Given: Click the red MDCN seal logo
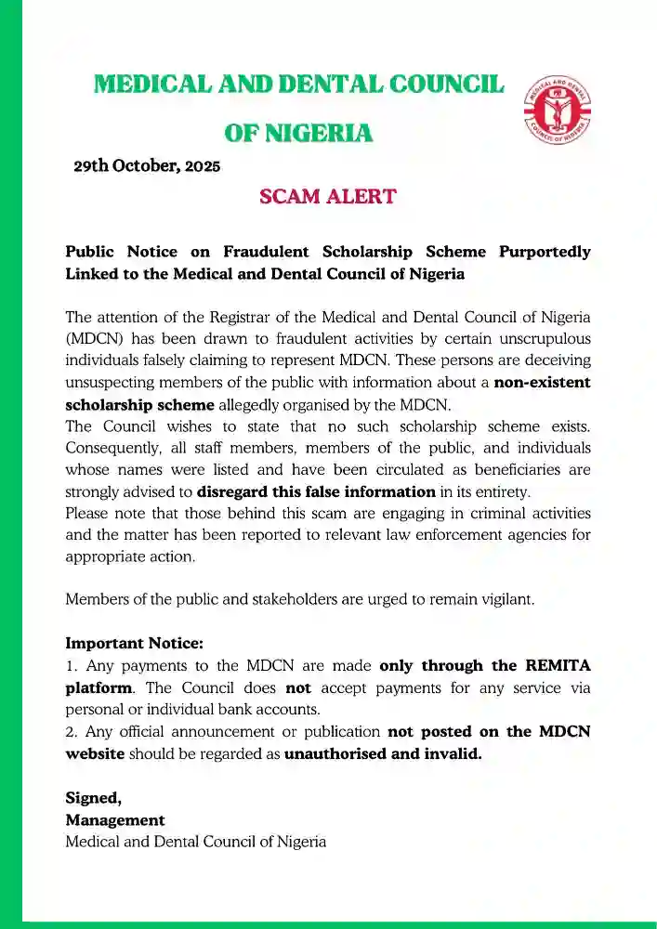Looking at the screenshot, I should [x=559, y=116].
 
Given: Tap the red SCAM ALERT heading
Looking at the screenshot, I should [x=328, y=197].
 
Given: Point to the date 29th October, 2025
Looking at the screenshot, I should [x=147, y=167].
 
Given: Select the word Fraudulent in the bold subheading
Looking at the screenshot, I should [x=262, y=252].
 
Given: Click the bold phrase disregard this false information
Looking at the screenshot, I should [x=316, y=491].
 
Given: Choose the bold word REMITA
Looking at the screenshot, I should [x=552, y=665].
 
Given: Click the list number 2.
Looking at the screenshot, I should [x=70, y=732].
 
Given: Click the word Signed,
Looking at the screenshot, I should [x=93, y=797].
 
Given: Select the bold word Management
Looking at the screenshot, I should [x=115, y=819].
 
